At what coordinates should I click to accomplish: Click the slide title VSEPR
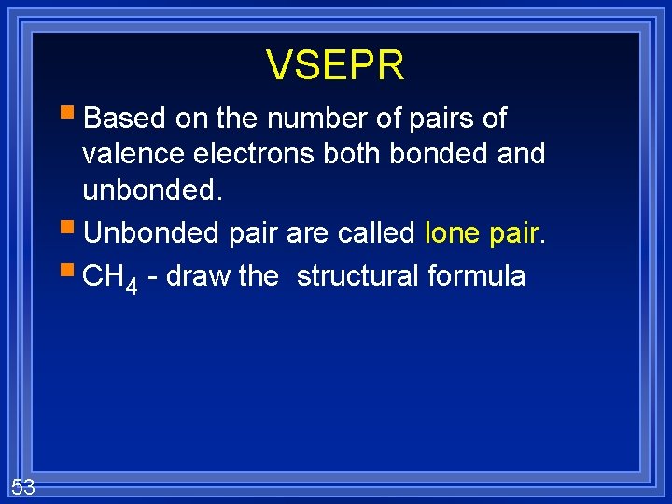tap(335, 65)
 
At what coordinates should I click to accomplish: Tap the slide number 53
tap(23, 485)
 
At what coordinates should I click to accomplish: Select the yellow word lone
tap(452, 232)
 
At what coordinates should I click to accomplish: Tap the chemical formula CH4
tap(110, 277)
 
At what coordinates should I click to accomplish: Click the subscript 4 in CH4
tap(132, 286)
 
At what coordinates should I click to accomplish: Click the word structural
tap(357, 276)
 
